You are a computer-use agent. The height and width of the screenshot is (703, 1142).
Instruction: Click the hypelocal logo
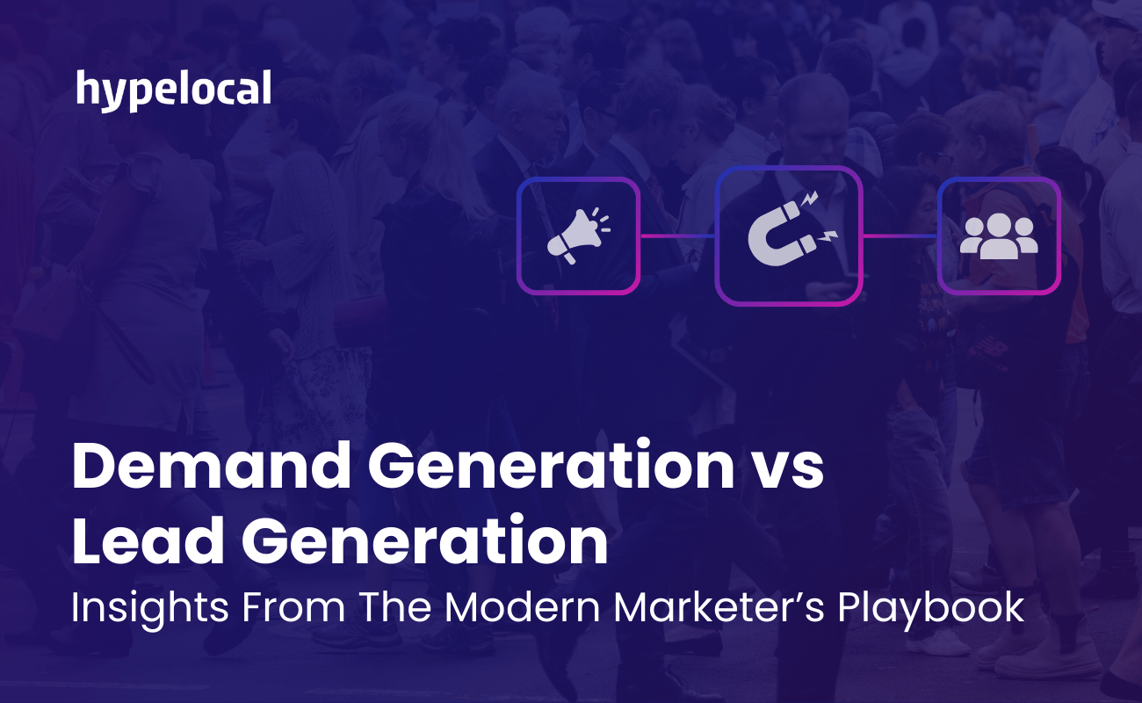(x=173, y=91)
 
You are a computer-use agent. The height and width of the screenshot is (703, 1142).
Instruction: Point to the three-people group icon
(x=999, y=236)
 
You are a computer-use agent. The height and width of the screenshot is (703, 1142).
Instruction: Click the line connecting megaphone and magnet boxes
(x=677, y=236)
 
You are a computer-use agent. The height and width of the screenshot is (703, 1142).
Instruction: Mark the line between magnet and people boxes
(x=899, y=236)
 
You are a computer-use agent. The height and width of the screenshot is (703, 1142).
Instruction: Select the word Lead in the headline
(x=142, y=542)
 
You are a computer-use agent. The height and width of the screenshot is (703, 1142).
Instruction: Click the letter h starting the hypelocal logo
(x=87, y=88)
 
